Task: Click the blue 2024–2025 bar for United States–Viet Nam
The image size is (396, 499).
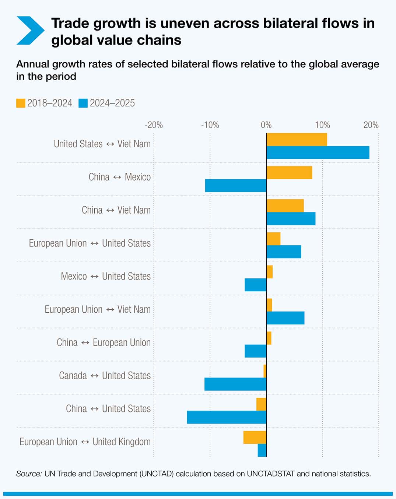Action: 318,152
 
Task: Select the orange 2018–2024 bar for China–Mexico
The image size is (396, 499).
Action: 289,173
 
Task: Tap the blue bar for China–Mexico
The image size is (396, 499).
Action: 236,186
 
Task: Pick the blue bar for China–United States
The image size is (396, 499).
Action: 227,417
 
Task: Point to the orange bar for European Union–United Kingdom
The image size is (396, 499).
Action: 255,437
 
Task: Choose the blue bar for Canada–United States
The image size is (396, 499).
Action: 235,384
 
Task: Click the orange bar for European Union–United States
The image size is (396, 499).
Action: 273,239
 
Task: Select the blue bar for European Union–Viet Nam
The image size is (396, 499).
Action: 285,318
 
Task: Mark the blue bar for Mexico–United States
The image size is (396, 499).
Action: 255,285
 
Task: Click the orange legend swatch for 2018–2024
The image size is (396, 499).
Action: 21,103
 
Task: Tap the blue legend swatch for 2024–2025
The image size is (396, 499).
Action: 83,103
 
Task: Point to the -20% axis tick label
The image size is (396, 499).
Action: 154,125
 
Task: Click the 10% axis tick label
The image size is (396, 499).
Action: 322,125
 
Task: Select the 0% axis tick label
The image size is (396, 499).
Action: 266,125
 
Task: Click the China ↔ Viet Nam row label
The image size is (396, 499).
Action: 116,210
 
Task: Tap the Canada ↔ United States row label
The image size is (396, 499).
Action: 105,376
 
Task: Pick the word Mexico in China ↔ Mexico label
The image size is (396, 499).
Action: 138,177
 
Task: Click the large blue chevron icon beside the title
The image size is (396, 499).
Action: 31,31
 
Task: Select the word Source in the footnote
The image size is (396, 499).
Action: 29,474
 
